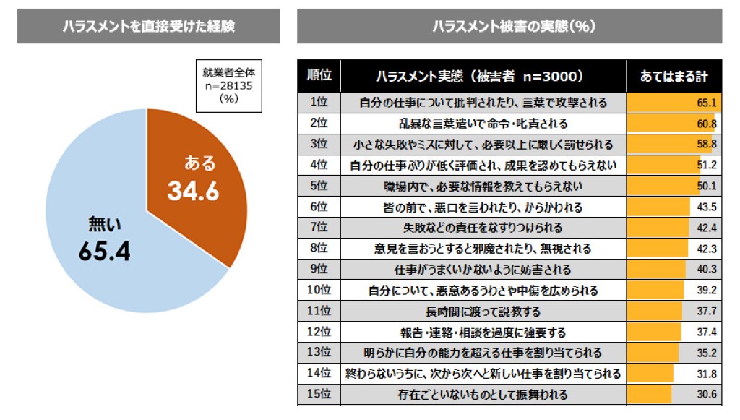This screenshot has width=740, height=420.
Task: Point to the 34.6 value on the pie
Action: [193, 191]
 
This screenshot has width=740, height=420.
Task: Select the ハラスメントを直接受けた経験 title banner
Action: [148, 26]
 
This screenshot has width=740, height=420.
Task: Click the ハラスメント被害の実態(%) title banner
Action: [509, 26]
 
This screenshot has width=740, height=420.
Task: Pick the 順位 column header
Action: [319, 75]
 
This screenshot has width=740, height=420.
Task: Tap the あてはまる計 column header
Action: [674, 76]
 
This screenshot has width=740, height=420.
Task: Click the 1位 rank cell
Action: [319, 102]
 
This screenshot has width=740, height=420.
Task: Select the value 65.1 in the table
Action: [706, 102]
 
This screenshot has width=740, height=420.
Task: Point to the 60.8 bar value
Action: [706, 123]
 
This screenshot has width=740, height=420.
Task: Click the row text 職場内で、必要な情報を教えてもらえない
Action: [483, 186]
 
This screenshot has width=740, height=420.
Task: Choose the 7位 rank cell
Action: [319, 228]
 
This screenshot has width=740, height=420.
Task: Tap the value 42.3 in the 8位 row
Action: [706, 249]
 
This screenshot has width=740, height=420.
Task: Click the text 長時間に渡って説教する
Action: [483, 312]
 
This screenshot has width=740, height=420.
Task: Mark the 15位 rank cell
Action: [319, 395]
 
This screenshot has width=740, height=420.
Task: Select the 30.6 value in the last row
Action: [706, 395]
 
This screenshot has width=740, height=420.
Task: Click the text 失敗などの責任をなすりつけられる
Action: [483, 228]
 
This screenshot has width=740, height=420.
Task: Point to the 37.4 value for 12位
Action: [706, 333]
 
